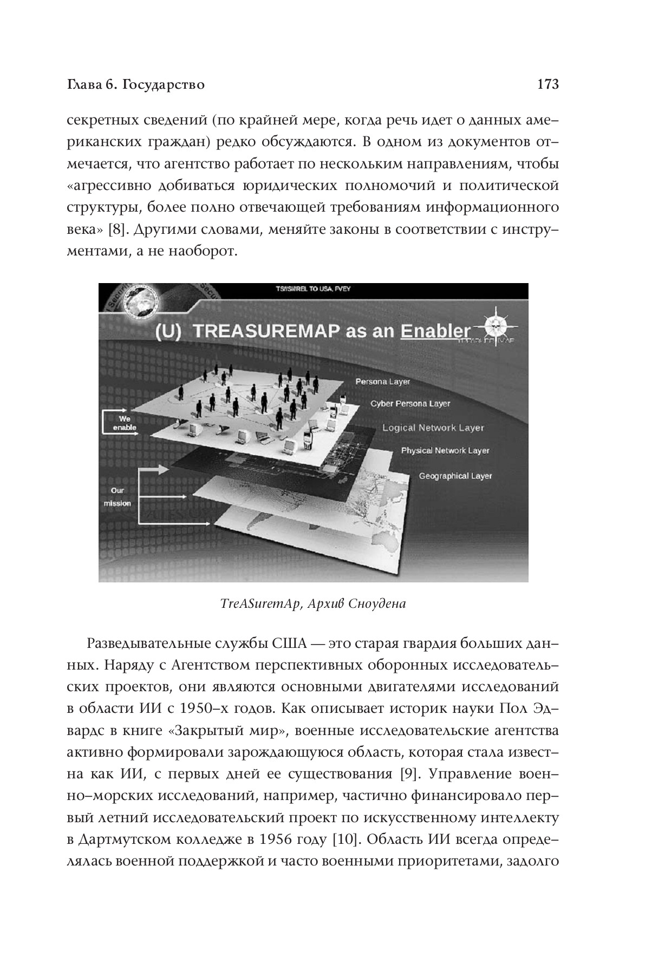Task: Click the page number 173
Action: coord(547,84)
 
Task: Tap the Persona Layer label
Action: coord(382,382)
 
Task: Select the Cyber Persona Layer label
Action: coord(410,404)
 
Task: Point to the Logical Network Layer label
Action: coord(433,428)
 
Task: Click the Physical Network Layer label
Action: coord(445,450)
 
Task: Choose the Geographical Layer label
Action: coord(455,476)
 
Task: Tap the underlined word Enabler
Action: coord(435,331)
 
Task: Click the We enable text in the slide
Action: coord(125,423)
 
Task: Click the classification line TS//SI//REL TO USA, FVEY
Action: coord(313,288)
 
